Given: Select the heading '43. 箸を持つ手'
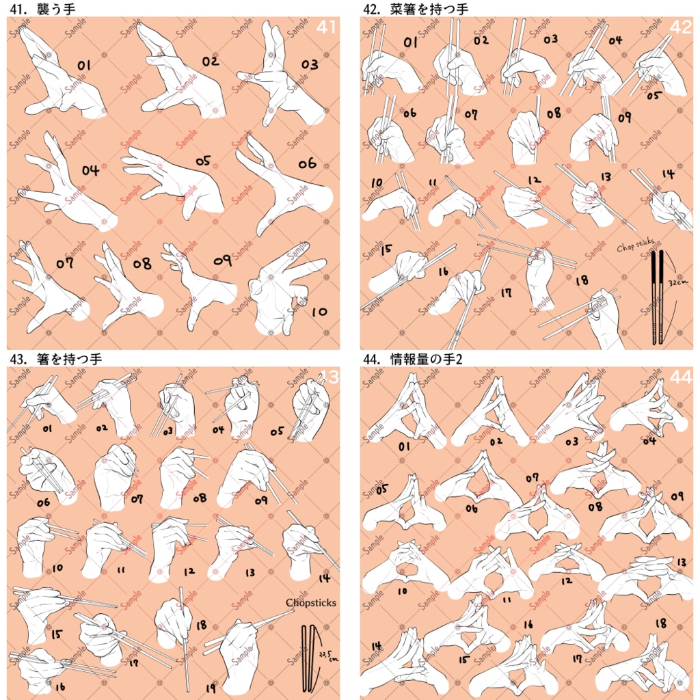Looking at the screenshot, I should pos(55,358).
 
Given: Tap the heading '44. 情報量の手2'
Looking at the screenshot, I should pos(413,358).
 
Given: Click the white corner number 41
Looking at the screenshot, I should pos(326,27).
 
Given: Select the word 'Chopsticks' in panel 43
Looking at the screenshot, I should pos(312,602).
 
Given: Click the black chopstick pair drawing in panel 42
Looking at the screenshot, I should pos(657,297).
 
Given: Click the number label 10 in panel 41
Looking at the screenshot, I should pos(319,312).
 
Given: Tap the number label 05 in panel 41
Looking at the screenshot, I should pos(202,161).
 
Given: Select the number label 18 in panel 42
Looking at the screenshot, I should pos(582,280).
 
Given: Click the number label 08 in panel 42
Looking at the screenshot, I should pos(553,113).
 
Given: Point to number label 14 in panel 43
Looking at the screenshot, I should pos(324,578).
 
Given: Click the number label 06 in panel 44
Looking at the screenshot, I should pos(472,508).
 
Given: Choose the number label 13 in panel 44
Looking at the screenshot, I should pos(680,562).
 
